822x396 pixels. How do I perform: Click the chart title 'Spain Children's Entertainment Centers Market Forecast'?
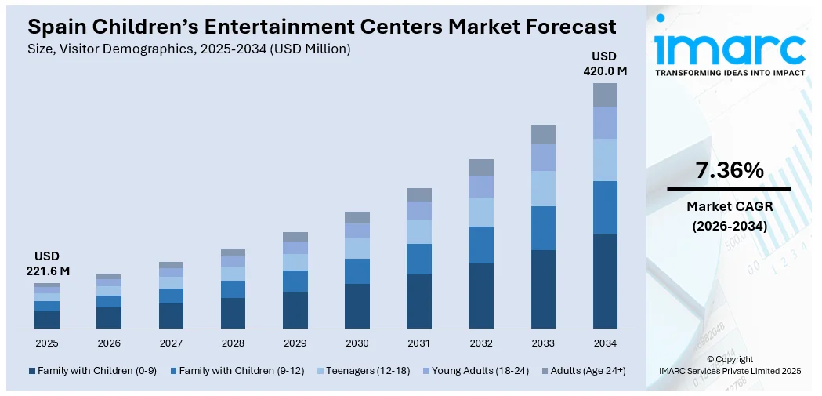tap(321, 26)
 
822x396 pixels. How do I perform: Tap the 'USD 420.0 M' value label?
tap(605, 64)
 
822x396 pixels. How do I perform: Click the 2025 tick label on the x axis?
tap(47, 343)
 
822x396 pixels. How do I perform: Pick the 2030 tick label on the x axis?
tap(357, 343)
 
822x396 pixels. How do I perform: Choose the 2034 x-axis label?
tap(605, 343)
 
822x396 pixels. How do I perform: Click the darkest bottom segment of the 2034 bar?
tap(605, 281)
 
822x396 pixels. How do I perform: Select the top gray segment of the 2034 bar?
tap(605, 95)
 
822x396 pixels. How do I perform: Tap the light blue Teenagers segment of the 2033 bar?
tap(543, 188)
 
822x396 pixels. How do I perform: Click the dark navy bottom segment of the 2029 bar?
tap(295, 310)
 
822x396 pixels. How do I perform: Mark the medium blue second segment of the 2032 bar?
tap(481, 245)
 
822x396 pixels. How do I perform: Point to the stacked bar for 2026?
tap(109, 301)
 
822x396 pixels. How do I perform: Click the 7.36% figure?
tap(729, 170)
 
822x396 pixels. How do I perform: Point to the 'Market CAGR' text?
tap(729, 206)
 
